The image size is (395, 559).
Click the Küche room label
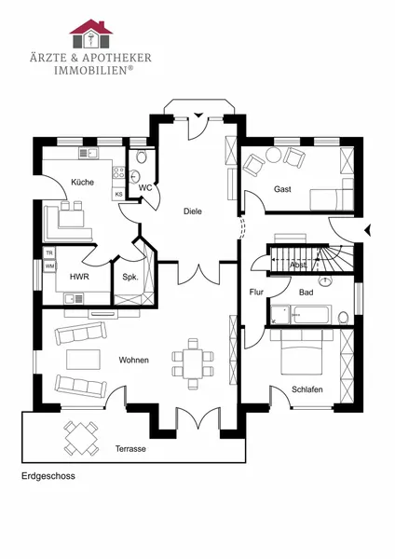click(x=82, y=183)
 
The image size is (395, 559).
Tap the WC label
click(x=145, y=188)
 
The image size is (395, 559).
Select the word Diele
click(x=193, y=211)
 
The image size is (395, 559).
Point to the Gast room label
click(x=282, y=189)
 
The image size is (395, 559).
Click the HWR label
click(x=79, y=277)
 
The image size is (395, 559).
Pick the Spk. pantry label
click(x=130, y=277)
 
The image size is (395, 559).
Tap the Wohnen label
click(x=134, y=360)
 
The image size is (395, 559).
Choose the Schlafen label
click(x=306, y=389)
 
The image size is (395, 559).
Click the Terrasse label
click(x=130, y=448)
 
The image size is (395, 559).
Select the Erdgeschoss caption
click(x=48, y=476)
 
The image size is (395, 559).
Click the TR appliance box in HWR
click(x=49, y=253)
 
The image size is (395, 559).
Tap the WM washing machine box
click(x=49, y=266)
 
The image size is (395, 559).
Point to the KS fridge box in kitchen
click(x=118, y=195)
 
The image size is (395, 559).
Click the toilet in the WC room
click(x=142, y=156)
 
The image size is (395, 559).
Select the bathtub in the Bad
click(x=311, y=315)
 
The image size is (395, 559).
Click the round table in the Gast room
click(x=274, y=155)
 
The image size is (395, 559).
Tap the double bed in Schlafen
click(x=302, y=352)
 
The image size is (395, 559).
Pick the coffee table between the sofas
click(x=83, y=360)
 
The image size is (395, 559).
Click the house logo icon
click(x=91, y=34)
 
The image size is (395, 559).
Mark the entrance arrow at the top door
click(x=197, y=115)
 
